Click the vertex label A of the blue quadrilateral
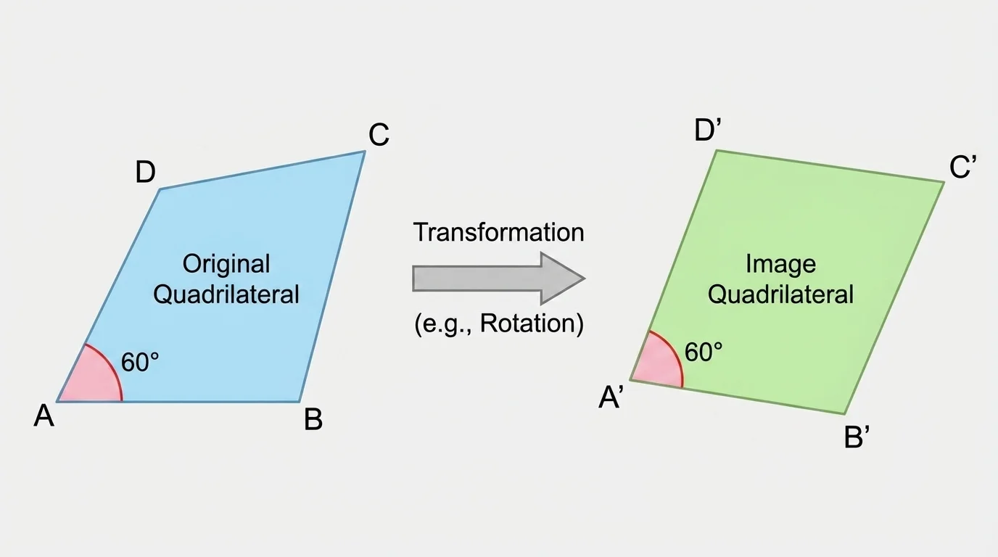pos(44,417)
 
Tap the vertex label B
pos(313,420)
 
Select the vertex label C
pos(379,135)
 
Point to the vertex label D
pos(145,173)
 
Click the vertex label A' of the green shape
pos(611,398)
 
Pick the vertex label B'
pos(857,438)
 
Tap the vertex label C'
pos(964,169)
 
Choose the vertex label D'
pos(707,131)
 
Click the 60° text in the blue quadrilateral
pos(140,363)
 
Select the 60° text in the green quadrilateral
pos(704,352)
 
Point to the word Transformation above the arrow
pos(498,233)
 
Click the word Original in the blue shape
pos(226,263)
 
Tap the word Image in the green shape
pos(780,263)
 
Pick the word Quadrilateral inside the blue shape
pos(226,294)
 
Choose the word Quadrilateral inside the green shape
pos(780,294)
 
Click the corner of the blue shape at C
pos(364,152)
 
